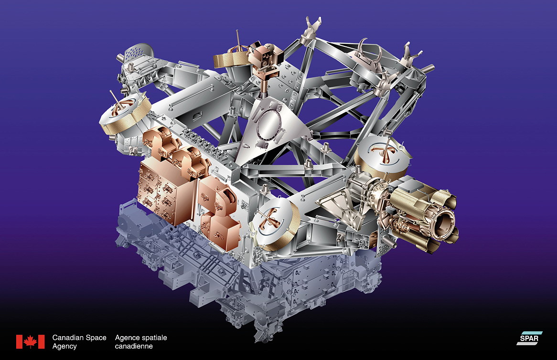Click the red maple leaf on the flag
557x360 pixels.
[x=31, y=341]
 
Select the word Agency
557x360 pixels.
[x=64, y=347]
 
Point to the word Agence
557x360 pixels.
[x=127, y=338]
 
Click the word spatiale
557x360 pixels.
[x=153, y=338]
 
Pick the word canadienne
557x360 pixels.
[x=134, y=346]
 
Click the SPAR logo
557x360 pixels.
[x=529, y=338]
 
